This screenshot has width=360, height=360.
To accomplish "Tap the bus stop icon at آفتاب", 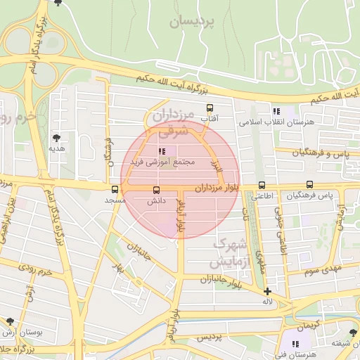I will (x=210, y=108).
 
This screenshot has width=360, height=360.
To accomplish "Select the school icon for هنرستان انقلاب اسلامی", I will (x=276, y=111).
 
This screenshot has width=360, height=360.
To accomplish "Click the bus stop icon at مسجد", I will (x=115, y=189).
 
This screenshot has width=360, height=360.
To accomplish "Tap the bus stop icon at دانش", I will (x=156, y=189).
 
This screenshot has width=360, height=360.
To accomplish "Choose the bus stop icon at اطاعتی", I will (x=262, y=185).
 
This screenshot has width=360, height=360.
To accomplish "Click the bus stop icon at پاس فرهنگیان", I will (x=310, y=184).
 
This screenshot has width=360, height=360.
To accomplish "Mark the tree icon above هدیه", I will (x=56, y=138).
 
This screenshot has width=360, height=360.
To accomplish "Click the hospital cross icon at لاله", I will (x=267, y=291).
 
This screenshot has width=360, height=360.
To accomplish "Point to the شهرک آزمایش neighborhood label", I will (x=230, y=254).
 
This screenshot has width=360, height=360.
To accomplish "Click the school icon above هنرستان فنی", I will (x=296, y=344).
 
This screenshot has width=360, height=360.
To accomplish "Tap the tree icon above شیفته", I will (x=352, y=333).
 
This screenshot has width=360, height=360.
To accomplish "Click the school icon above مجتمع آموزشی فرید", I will (x=162, y=150).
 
